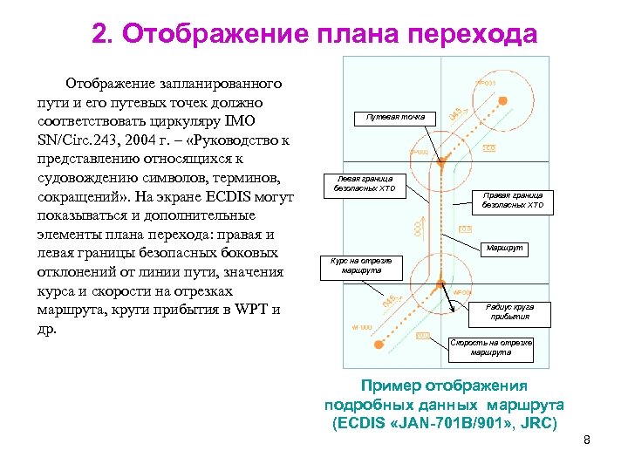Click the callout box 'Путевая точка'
coord(395,117)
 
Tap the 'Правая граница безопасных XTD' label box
coord(513,201)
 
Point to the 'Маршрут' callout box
coord(506,249)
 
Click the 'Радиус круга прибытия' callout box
coord(511,311)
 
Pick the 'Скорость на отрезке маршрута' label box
coord(491,348)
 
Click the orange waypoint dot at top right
coord(503,103)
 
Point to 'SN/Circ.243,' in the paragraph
coord(77,140)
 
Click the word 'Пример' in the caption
coord(391,386)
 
